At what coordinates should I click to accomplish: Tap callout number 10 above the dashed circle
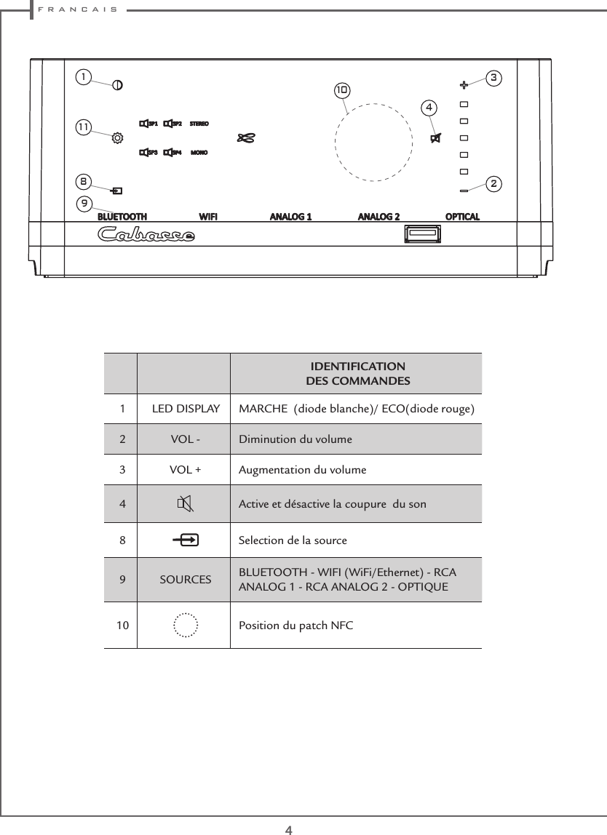tap(342, 91)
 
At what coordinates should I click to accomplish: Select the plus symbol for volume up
tap(464, 84)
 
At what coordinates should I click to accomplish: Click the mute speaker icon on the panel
tap(435, 139)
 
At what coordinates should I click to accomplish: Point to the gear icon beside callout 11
tap(117, 136)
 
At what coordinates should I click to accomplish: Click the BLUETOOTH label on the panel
tap(123, 217)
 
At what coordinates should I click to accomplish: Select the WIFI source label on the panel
tap(208, 217)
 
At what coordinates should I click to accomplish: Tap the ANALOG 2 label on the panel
tap(378, 217)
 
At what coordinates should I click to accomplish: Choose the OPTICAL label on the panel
tap(462, 217)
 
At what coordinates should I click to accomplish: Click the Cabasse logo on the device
tap(146, 235)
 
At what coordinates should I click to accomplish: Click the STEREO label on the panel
tap(199, 124)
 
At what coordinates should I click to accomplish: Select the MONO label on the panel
tap(199, 153)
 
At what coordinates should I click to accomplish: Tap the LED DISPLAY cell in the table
tap(186, 409)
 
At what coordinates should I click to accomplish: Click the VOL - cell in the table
tap(186, 439)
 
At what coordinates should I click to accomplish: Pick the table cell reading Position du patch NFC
tap(296, 625)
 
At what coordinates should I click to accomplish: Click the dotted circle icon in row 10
tap(186, 625)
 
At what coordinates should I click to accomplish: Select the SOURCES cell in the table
tap(186, 580)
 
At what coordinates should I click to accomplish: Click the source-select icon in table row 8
tap(186, 540)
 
